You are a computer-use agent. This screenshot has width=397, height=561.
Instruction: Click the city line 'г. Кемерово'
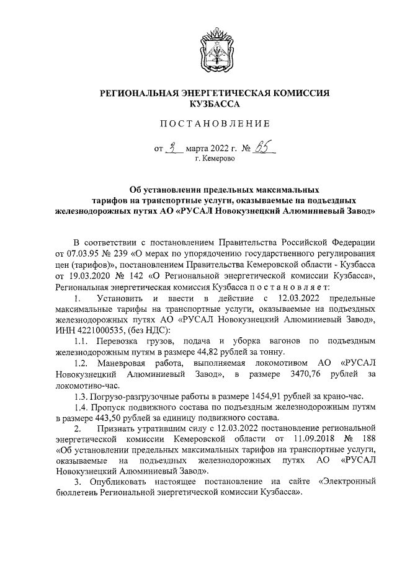click(215, 159)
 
